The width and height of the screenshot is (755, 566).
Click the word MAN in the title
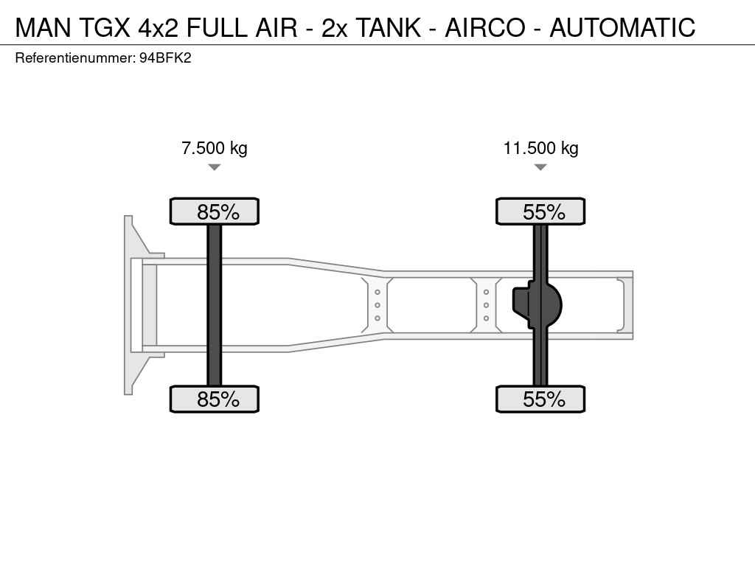click(44, 27)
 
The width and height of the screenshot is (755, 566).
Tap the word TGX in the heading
click(104, 27)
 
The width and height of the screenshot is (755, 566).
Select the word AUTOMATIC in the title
click(622, 27)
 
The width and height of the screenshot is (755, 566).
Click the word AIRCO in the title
click(485, 27)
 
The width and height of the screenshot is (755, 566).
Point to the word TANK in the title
click(388, 27)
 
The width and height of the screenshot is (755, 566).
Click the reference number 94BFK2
click(165, 58)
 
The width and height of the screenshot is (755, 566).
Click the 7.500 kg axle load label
click(215, 147)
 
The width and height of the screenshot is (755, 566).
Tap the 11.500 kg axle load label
click(540, 147)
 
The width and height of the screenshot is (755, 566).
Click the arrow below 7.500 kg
click(215, 167)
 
